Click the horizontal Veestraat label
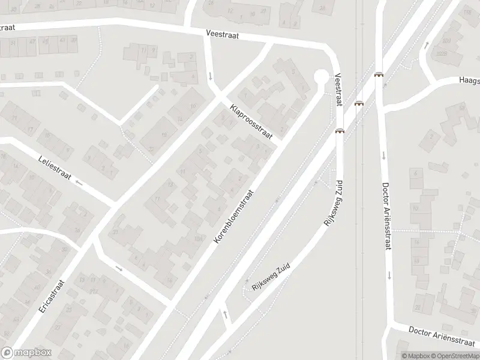point(222,35)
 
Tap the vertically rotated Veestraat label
point(338,90)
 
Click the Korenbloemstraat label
point(234,217)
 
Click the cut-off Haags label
point(469,79)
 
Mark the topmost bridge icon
point(379,75)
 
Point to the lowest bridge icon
point(340,131)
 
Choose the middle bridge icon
point(359,103)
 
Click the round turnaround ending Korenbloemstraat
point(322,76)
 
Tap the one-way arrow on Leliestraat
point(79,182)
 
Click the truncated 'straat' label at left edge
point(7,27)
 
